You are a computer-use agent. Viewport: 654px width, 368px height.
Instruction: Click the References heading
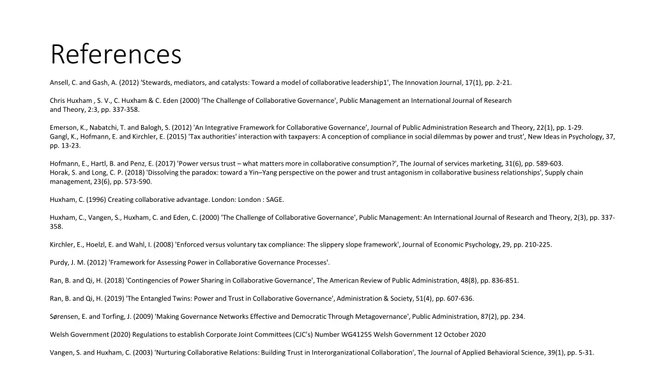(116, 54)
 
